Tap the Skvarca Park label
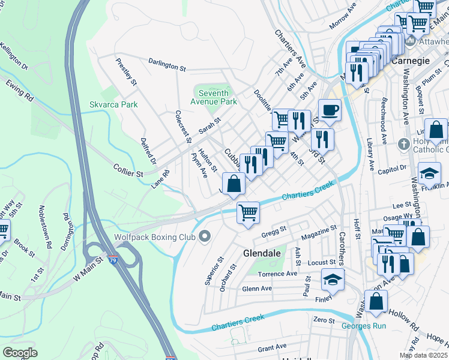(x=113, y=104)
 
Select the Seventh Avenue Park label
(x=214, y=97)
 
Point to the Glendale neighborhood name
(x=262, y=254)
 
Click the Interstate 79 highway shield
(x=113, y=260)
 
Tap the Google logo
(x=20, y=352)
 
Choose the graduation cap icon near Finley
(x=333, y=279)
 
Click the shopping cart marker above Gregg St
(x=248, y=212)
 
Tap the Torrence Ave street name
(x=277, y=274)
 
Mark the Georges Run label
(x=364, y=326)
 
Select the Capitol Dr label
(x=393, y=170)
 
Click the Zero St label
(x=324, y=321)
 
